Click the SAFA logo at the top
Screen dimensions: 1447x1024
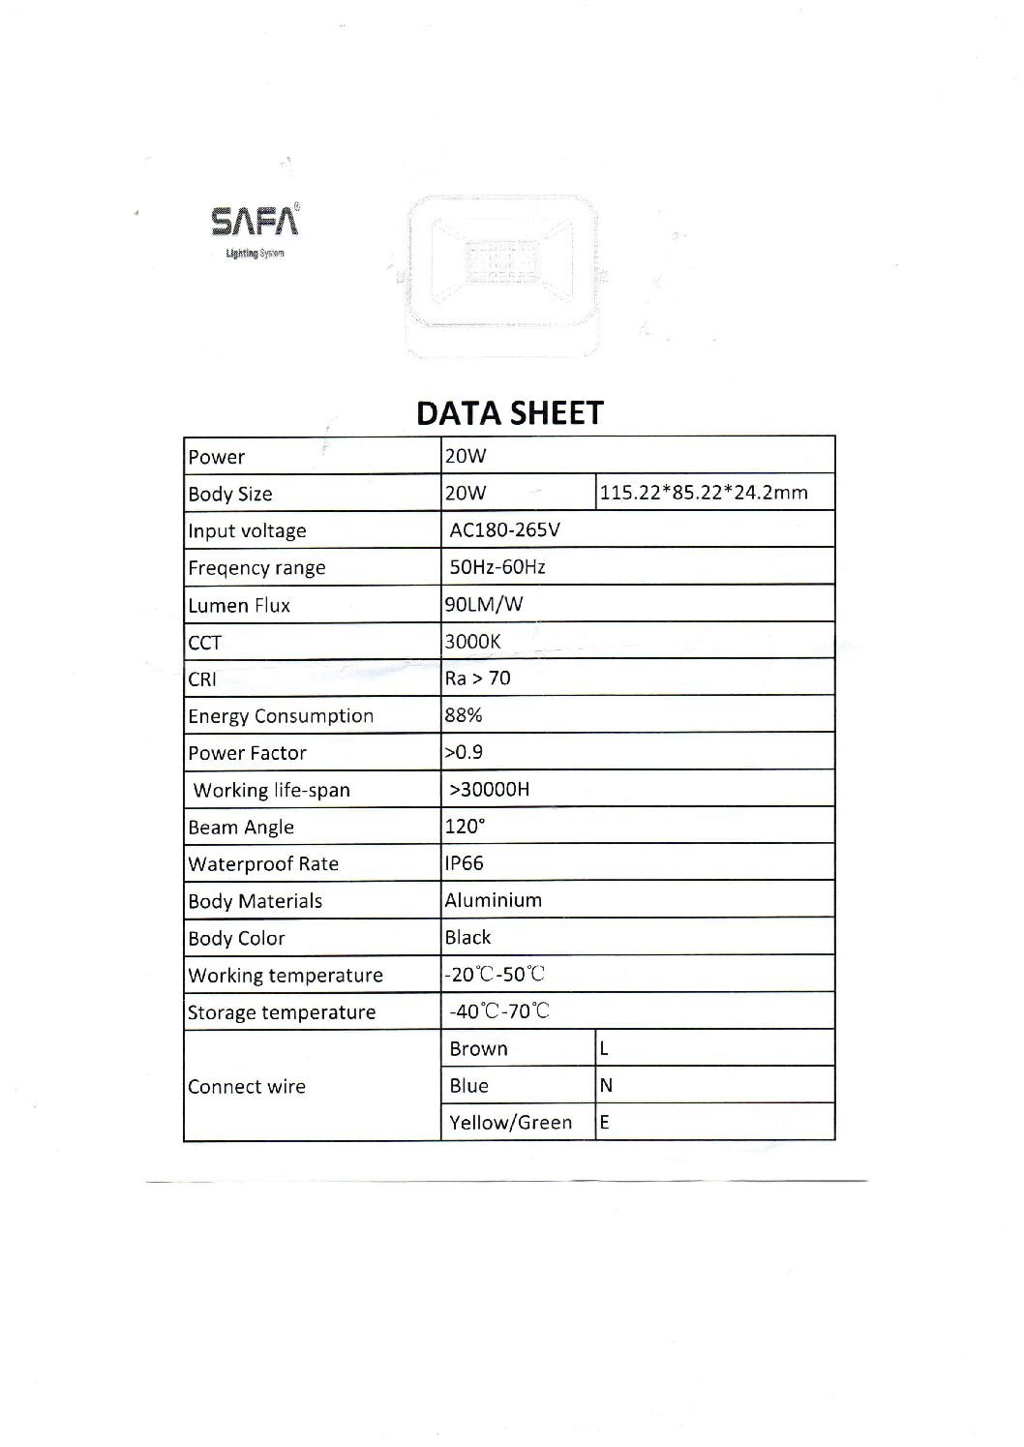pyautogui.click(x=255, y=223)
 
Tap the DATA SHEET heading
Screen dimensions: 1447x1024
pyautogui.click(x=509, y=413)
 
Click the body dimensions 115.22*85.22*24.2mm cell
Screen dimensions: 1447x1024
pyautogui.click(x=704, y=493)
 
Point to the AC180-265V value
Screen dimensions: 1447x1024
pyautogui.click(x=504, y=530)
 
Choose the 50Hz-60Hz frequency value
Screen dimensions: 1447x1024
pyautogui.click(x=497, y=567)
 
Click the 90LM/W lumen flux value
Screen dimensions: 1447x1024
pyautogui.click(x=484, y=605)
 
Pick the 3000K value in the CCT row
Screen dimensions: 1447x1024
pyautogui.click(x=472, y=642)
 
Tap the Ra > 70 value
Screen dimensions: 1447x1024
pyautogui.click(x=477, y=678)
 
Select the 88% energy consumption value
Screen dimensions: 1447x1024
pyautogui.click(x=464, y=715)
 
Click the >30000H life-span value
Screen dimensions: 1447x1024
pyautogui.click(x=490, y=790)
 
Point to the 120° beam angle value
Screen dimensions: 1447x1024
pyautogui.click(x=465, y=827)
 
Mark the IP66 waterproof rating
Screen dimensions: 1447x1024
pyautogui.click(x=465, y=863)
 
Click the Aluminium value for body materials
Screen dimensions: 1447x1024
pyautogui.click(x=493, y=900)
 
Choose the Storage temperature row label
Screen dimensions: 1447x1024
pyautogui.click(x=282, y=1012)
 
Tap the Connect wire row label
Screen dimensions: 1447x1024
pyautogui.click(x=247, y=1087)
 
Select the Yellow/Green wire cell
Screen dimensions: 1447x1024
pyautogui.click(x=510, y=1123)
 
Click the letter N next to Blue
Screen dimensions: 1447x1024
pyautogui.click(x=607, y=1086)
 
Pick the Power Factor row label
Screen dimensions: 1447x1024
pyautogui.click(x=248, y=753)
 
